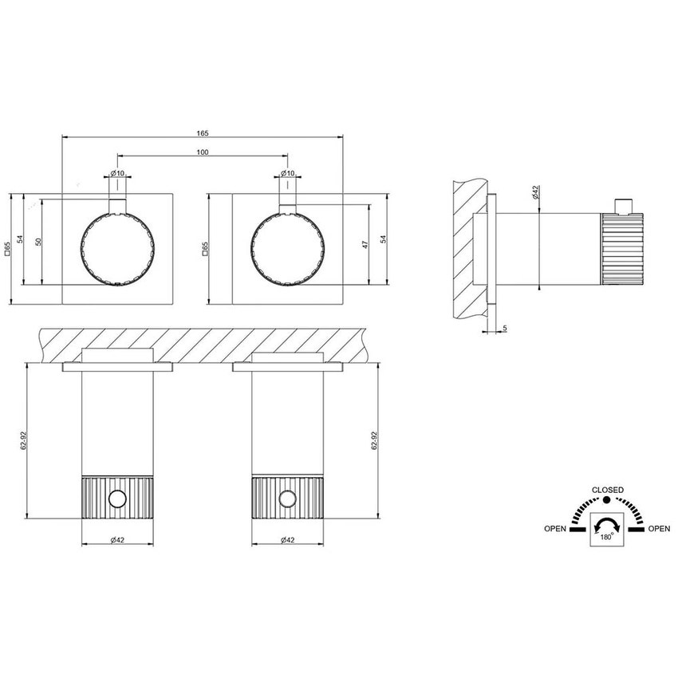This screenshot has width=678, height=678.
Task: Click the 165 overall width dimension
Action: tap(203, 132)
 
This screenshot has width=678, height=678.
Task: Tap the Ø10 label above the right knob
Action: tap(287, 173)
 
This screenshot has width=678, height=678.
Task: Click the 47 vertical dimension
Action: tap(365, 244)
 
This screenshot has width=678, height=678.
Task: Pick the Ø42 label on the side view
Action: tap(535, 192)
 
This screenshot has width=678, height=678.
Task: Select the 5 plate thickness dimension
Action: tap(506, 327)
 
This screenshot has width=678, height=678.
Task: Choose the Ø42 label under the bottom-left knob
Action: tap(117, 541)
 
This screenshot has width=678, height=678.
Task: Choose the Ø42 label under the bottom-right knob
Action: tap(288, 541)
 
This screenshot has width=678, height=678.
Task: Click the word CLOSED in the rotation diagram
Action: tap(607, 490)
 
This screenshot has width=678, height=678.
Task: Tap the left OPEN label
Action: tap(556, 528)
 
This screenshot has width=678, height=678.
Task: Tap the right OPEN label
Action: tap(659, 528)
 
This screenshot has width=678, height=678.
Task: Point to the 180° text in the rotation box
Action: tap(607, 538)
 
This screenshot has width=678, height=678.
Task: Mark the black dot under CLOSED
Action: tap(607, 500)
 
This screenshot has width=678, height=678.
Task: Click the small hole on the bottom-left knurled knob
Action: tap(117, 499)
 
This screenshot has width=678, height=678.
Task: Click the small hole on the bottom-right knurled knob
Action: tap(288, 499)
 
